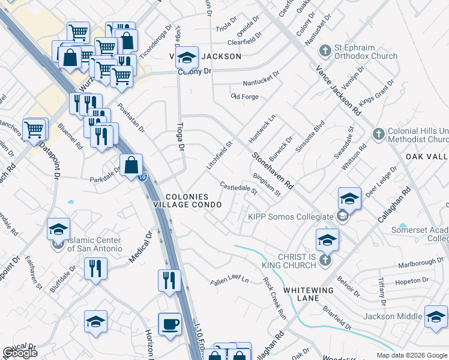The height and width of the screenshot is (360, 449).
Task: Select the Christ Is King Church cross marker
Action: click(x=325, y=260)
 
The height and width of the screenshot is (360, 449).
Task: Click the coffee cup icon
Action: click(x=169, y=324)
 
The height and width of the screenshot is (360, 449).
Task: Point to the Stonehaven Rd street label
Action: click(x=272, y=169)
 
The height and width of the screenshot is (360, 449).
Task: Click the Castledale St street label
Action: click(x=238, y=188)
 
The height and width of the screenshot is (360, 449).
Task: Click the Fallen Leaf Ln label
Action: click(x=229, y=281)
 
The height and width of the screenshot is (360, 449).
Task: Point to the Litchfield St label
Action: click(x=220, y=155)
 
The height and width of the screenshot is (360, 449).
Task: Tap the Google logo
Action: click(x=20, y=353)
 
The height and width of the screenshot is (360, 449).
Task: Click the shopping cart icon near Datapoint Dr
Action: click(x=35, y=128)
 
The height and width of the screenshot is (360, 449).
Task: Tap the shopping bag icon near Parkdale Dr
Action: click(x=131, y=164)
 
